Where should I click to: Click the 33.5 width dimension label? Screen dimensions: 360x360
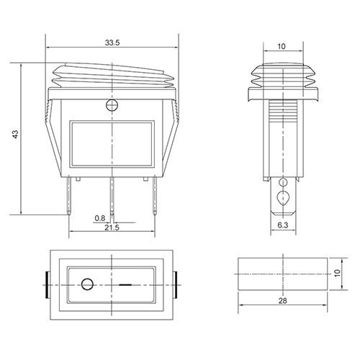[x=112, y=42]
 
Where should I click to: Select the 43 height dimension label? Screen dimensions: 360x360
[x=15, y=134]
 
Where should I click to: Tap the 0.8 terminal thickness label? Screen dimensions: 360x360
[x=100, y=218]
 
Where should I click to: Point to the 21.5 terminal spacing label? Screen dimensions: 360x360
[x=112, y=228]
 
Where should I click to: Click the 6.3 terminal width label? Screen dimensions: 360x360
[x=283, y=225]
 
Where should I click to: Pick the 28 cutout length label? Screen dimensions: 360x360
[x=283, y=300]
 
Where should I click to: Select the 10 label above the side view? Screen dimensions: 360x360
[x=282, y=46]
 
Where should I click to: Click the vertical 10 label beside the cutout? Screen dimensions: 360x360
[x=338, y=273]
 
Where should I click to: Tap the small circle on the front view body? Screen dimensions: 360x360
[x=112, y=105]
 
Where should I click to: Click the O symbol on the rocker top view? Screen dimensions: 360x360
[x=87, y=284]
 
